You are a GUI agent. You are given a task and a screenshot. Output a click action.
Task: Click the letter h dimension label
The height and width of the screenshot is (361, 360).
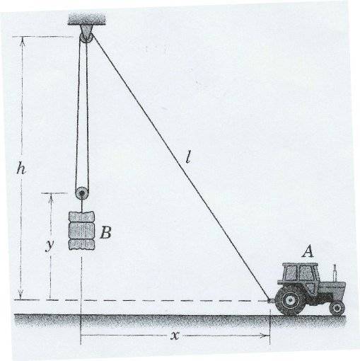pyautogui.click(x=21, y=168)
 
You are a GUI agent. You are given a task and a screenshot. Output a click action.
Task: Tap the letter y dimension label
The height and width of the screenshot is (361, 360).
pyautogui.click(x=50, y=245)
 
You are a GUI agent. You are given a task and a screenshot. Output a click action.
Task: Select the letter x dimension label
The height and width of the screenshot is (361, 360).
pyautogui.click(x=175, y=335)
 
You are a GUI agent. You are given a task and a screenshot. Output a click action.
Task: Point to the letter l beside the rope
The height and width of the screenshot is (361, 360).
pyautogui.click(x=188, y=157)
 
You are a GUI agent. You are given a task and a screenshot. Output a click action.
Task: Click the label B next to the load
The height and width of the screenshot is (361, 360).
pyautogui.click(x=105, y=233)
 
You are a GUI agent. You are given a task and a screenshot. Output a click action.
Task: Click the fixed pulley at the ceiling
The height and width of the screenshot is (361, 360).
pyautogui.click(x=86, y=38)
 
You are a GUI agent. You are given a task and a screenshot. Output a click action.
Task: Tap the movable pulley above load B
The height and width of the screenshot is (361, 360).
pyautogui.click(x=82, y=193)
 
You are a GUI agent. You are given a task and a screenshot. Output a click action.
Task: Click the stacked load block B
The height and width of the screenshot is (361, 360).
pyautogui.click(x=81, y=231)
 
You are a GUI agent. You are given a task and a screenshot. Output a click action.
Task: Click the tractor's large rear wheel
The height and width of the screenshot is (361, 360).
pyautogui.click(x=291, y=300)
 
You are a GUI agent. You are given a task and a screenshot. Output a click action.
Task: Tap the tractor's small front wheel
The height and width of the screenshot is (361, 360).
pyautogui.click(x=337, y=308)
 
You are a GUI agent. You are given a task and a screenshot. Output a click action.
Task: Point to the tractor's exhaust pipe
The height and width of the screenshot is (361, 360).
pyautogui.click(x=335, y=273)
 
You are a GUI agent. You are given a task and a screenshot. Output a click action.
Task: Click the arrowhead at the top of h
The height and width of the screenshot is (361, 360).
pyautogui.click(x=23, y=40)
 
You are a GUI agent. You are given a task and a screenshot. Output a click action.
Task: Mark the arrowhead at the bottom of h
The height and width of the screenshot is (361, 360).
pyautogui.click(x=21, y=295)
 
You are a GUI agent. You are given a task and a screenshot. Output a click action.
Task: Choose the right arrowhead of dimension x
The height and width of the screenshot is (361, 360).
pyautogui.click(x=265, y=335)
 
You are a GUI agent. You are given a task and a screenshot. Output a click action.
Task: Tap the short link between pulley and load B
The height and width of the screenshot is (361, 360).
pyautogui.click(x=82, y=205)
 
